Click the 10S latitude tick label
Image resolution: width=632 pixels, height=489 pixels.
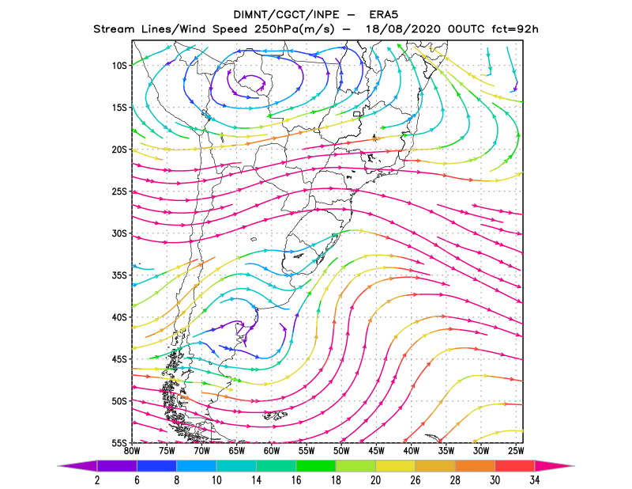[x=119, y=66]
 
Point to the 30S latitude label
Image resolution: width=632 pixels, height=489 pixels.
[x=119, y=233]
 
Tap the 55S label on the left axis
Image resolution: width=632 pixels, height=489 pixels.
[x=119, y=443]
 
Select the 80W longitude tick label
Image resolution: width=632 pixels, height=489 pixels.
[x=132, y=451]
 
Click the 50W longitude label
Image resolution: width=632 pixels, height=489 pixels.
[x=341, y=451]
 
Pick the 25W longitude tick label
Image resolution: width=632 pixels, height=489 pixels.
[x=516, y=451]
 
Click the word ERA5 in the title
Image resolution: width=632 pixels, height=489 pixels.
[x=384, y=15]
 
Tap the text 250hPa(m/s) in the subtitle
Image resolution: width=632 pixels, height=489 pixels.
[x=295, y=29]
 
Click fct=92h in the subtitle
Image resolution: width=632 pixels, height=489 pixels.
[x=515, y=29]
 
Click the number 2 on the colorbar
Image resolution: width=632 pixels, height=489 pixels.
[x=97, y=480]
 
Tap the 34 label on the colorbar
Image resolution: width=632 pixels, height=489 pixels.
[x=535, y=480]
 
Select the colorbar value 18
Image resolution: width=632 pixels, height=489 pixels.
[x=336, y=480]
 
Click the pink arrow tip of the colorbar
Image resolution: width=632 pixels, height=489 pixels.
[x=555, y=466]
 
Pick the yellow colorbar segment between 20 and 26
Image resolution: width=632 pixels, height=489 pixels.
[x=396, y=466]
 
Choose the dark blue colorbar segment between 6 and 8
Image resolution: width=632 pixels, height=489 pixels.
[x=156, y=466]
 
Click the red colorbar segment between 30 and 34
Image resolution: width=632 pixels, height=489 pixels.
[x=515, y=466]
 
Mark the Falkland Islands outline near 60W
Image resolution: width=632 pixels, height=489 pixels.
[x=275, y=415]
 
